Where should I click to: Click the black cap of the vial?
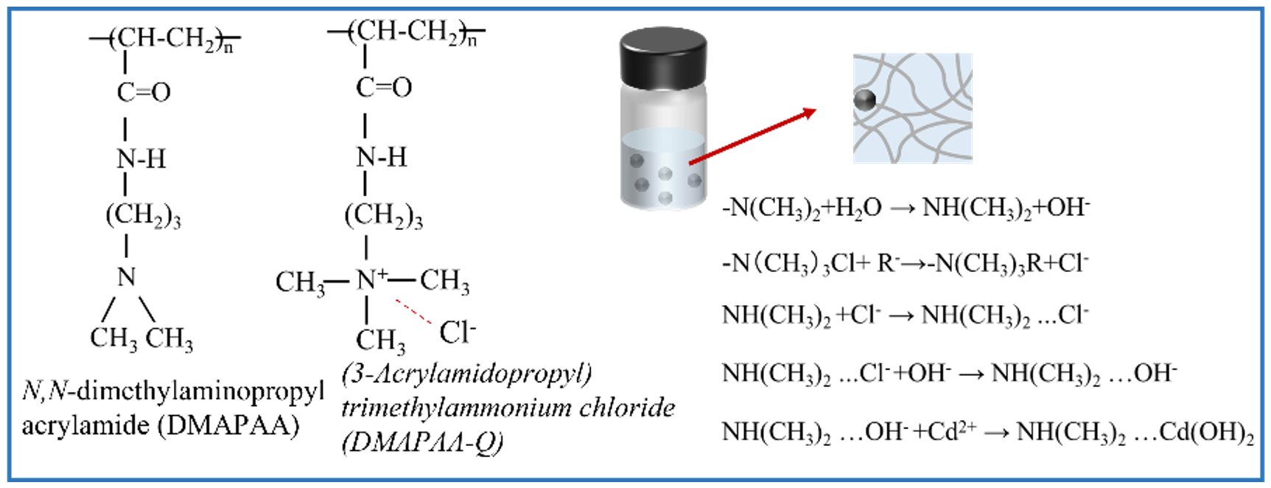pyautogui.click(x=663, y=57)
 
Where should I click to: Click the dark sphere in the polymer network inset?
pyautogui.click(x=865, y=100)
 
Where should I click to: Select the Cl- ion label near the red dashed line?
pyautogui.click(x=458, y=332)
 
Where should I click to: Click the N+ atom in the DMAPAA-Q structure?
pyautogui.click(x=371, y=280)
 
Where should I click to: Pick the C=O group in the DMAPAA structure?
pyautogui.click(x=144, y=92)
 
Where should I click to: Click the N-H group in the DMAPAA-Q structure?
pyautogui.click(x=381, y=157)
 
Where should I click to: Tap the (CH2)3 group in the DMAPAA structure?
pyautogui.click(x=143, y=216)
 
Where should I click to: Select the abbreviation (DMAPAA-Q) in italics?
pyautogui.click(x=423, y=442)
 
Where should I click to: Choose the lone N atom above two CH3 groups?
pyautogui.click(x=127, y=277)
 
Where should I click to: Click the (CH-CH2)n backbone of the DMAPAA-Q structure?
pyautogui.click(x=406, y=32)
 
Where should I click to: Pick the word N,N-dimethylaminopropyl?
pyautogui.click(x=173, y=391)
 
